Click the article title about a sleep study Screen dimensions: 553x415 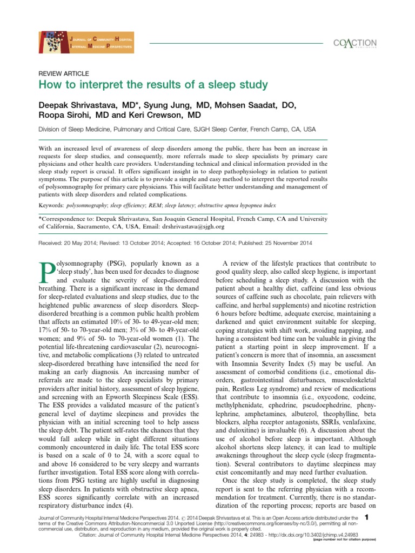pyautogui.click(x=152, y=85)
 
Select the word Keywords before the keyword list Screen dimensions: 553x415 pyautogui.click(x=51, y=206)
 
